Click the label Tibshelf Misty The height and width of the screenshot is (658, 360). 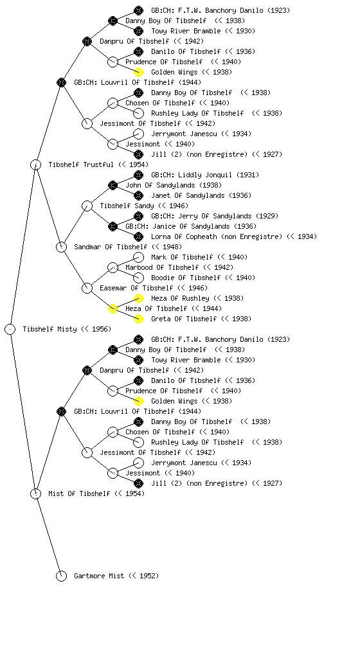pos(50,330)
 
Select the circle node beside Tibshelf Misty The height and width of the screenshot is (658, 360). pos(10,330)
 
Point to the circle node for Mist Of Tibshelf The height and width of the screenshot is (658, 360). pos(35,494)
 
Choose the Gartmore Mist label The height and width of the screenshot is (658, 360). pos(99,576)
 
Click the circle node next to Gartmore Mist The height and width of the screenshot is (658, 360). pos(61,576)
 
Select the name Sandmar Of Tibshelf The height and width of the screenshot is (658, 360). pos(111,247)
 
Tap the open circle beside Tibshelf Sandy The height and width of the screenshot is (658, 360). pos(87,206)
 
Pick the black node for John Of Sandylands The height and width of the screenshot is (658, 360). pos(113,185)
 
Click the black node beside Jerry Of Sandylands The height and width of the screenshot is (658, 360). pos(138,216)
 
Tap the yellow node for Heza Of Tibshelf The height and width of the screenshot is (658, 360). pos(113,309)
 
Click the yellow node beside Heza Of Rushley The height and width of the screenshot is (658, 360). pos(138,298)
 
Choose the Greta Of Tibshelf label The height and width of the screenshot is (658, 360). pos(184,319)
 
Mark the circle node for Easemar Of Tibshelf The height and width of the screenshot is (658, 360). pos(87,289)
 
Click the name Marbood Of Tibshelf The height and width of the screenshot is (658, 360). pos(162,268)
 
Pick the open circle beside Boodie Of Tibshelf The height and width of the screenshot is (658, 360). pos(138,278)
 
